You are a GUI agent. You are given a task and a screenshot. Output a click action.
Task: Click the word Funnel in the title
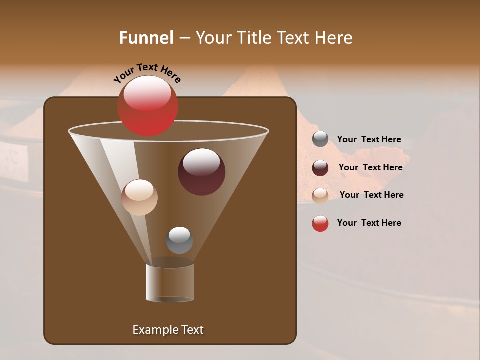(146, 38)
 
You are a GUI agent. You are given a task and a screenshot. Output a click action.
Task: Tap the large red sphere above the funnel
(147, 105)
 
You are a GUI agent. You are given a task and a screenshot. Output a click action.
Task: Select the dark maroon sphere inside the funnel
(201, 172)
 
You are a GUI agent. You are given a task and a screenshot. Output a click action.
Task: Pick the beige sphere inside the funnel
(139, 197)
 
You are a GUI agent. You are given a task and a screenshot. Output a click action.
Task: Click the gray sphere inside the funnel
(179, 240)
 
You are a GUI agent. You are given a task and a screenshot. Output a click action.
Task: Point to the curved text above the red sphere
(147, 72)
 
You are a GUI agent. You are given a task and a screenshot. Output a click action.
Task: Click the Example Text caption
(168, 330)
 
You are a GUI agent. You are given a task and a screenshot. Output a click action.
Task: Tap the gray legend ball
(320, 139)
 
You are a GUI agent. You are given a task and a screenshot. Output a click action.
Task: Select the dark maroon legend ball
(320, 168)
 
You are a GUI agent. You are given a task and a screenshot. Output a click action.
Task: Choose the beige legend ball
(320, 196)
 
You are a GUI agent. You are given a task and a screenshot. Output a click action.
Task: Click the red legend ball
(320, 223)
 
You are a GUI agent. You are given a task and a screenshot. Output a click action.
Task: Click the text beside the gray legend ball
(369, 140)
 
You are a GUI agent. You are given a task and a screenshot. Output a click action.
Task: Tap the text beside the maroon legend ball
(370, 167)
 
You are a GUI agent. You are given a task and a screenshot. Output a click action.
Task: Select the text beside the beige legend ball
(371, 195)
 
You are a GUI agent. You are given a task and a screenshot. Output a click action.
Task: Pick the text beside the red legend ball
(369, 223)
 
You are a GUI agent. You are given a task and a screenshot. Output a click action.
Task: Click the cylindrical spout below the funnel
(170, 283)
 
